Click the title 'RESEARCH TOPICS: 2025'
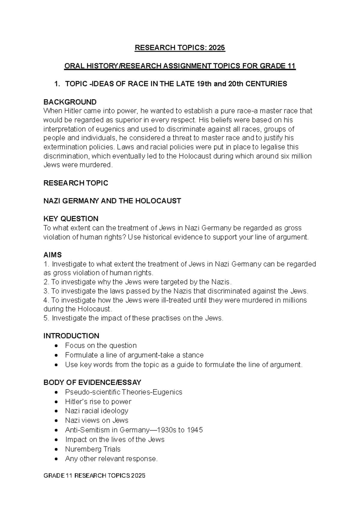pos(180,48)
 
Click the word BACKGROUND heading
pos(70,102)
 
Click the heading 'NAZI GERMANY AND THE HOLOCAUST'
pos(112,201)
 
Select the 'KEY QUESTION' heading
pos(71,218)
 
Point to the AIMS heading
pos(52,255)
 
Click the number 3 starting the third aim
pos(46,291)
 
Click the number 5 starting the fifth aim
pos(46,318)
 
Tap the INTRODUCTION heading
pos(71,336)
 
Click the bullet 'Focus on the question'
pos(101,345)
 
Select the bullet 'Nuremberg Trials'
pos(93,449)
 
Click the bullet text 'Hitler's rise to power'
pos(98,402)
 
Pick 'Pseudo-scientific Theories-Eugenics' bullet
pos(124,392)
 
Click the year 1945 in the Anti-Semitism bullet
pos(195,430)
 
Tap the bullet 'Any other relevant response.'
pos(111,459)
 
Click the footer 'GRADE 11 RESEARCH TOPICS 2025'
pos(94,476)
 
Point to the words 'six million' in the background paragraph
pos(295,156)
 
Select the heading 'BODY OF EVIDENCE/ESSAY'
pos(92,382)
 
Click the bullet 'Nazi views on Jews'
pos(97,420)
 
